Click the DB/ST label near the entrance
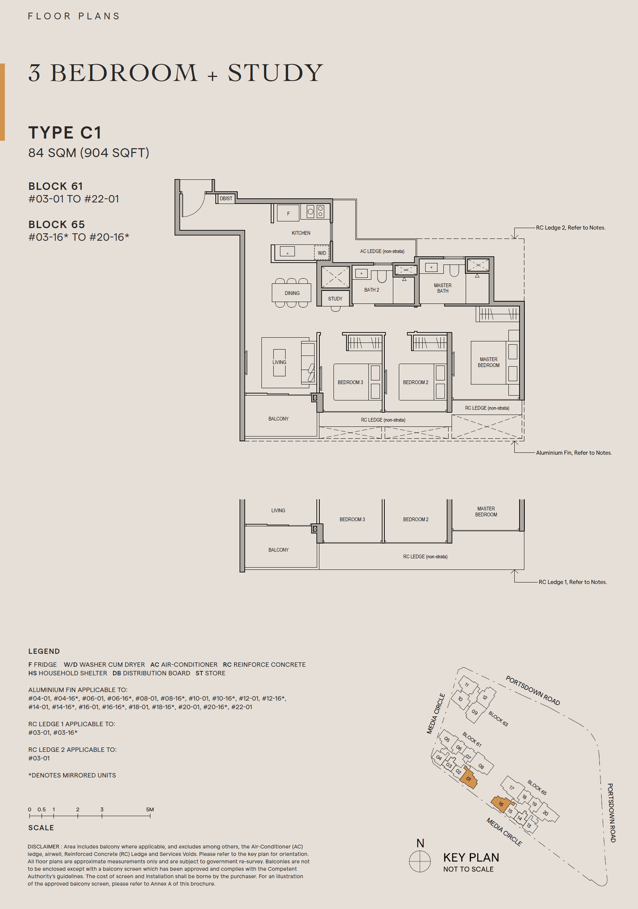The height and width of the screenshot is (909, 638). click(226, 198)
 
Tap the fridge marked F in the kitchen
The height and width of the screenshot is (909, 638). click(288, 213)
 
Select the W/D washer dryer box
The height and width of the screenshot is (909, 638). click(322, 253)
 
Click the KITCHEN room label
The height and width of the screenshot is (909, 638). click(301, 233)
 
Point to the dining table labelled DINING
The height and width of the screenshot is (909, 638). click(291, 293)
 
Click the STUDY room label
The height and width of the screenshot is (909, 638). click(335, 298)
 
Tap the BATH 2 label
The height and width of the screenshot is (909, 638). click(371, 290)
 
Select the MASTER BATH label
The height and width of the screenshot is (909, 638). click(443, 288)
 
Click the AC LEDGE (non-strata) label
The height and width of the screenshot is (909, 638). click(382, 251)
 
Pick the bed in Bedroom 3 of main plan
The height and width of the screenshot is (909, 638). click(351, 382)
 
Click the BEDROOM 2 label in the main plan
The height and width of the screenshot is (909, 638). click(415, 382)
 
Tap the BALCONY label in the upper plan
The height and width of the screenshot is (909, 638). click(278, 419)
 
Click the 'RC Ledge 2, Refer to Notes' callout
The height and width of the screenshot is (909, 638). click(570, 227)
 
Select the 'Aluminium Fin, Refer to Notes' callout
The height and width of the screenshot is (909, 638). click(573, 453)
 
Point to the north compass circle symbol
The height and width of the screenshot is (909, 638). click(419, 861)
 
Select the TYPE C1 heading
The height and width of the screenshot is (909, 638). click(65, 132)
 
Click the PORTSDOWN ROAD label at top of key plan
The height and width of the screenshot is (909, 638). click(533, 690)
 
